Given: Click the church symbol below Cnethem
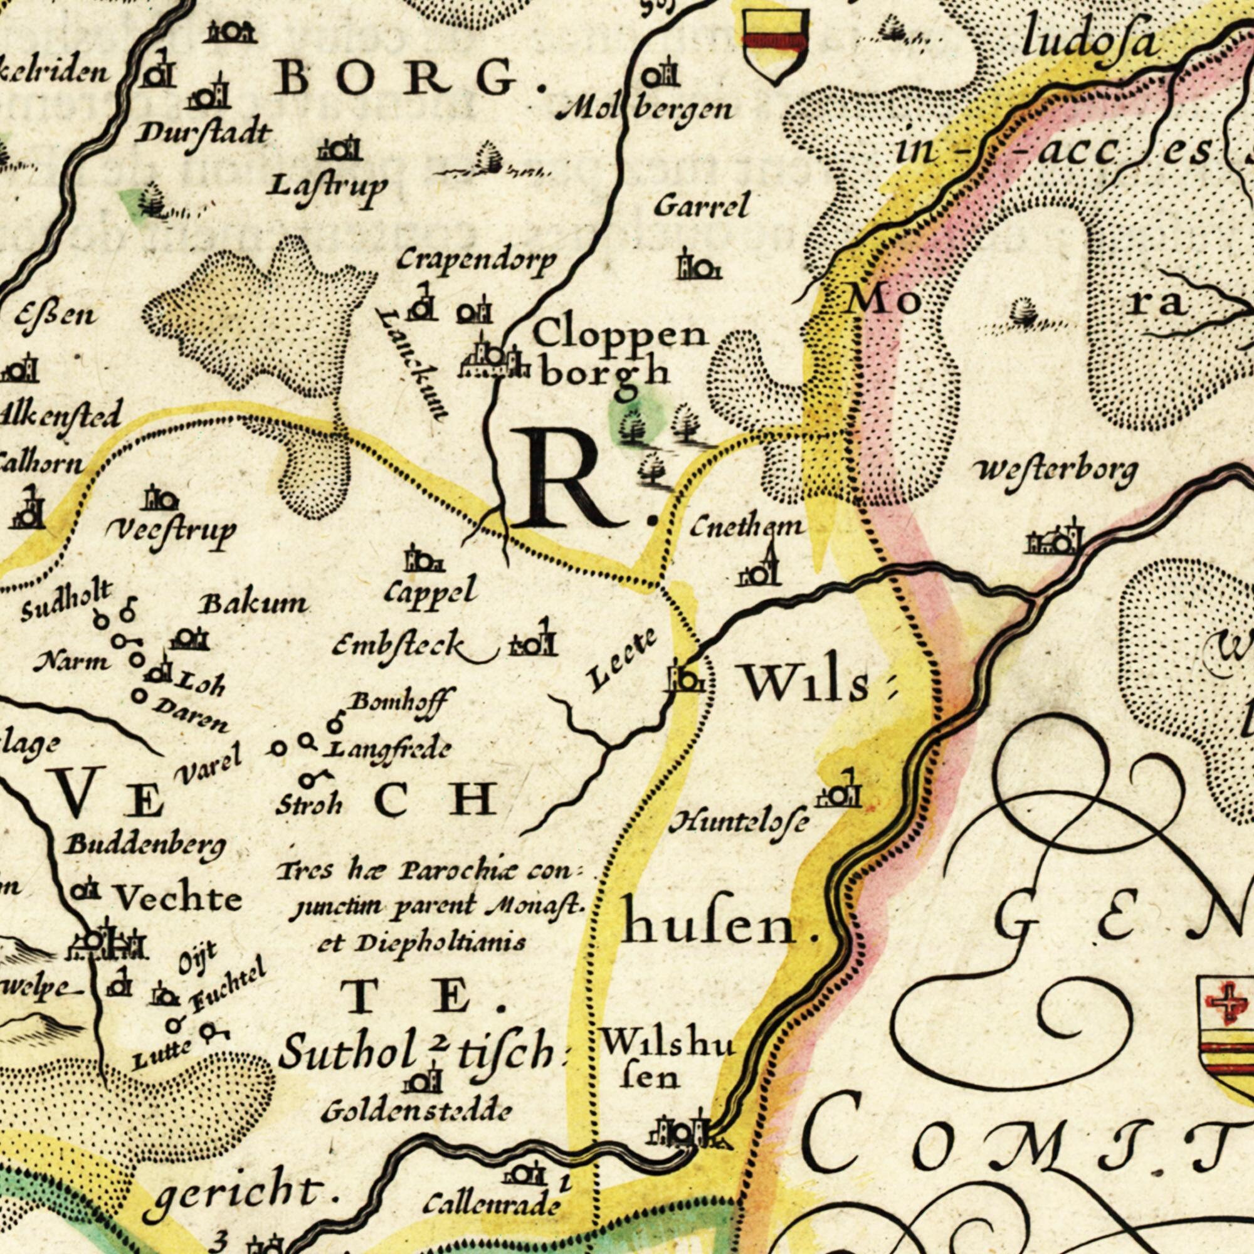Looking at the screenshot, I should pyautogui.click(x=759, y=568).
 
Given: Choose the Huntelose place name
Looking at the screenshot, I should pyautogui.click(x=740, y=824).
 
